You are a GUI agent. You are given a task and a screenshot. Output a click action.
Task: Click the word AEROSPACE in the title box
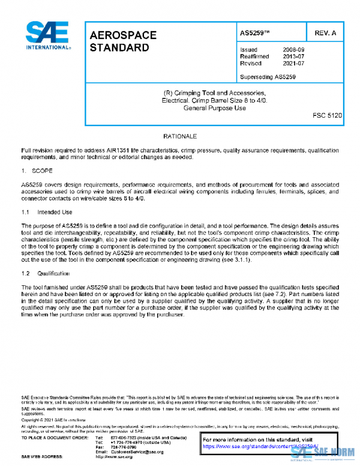click(x=122, y=35)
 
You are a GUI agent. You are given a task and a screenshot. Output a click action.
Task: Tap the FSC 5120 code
click(x=327, y=115)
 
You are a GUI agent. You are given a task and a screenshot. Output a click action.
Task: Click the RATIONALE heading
click(x=180, y=136)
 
